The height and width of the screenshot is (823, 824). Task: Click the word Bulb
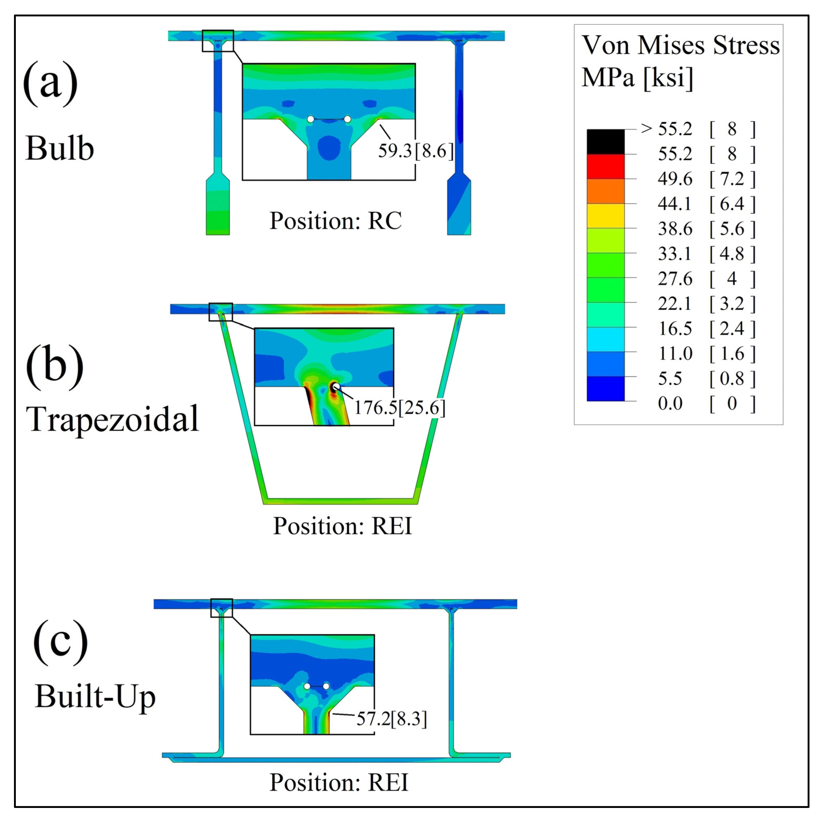pos(60,149)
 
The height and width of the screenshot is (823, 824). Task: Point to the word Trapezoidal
pos(112,419)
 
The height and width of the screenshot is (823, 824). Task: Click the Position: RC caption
pos(335,221)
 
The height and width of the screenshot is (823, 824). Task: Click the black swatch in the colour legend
pos(605,142)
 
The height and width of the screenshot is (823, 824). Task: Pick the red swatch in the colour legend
pos(605,167)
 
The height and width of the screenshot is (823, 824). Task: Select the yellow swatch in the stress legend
pos(605,216)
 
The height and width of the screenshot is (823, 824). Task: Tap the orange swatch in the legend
pos(605,191)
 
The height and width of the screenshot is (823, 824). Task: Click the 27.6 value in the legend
pos(675,279)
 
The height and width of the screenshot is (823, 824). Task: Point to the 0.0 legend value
pos(670,403)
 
